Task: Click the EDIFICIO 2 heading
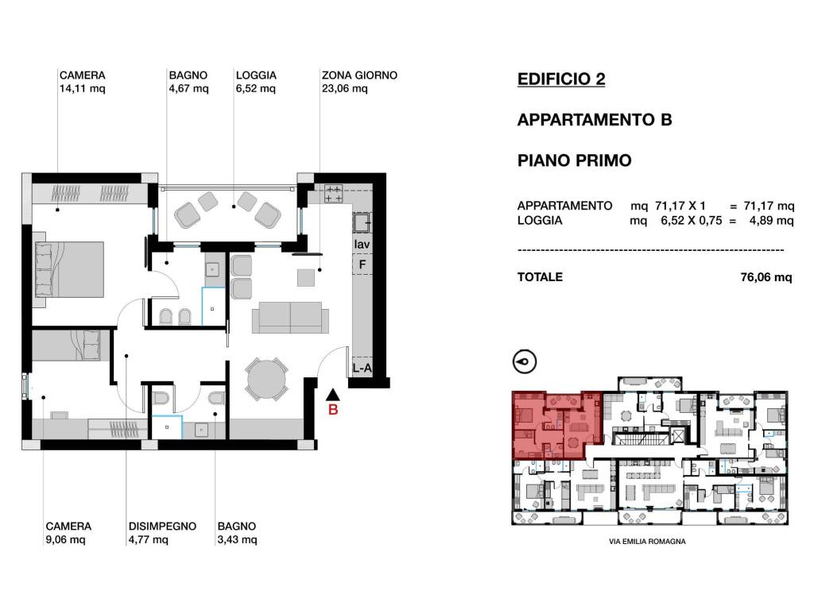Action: coord(560,79)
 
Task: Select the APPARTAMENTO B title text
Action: coord(595,120)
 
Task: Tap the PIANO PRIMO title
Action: coord(574,160)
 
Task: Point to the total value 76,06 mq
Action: coord(766,277)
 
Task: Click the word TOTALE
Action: coord(540,277)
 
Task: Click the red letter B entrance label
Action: coord(334,410)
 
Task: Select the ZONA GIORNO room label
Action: coord(359,76)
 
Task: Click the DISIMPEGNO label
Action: coord(162,527)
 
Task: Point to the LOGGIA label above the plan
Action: coord(256,76)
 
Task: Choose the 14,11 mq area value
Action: coord(82,89)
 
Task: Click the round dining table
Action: coord(266,380)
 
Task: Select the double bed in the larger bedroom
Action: coord(69,268)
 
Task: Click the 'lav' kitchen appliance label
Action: coord(362,244)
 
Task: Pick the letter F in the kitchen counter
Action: coord(362,264)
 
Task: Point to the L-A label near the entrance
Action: coord(362,369)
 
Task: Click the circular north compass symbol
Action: coord(525,361)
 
